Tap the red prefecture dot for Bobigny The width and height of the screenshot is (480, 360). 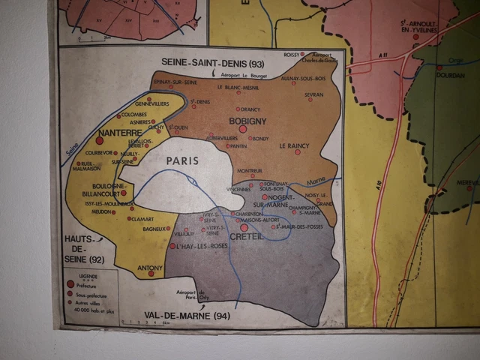click(242, 130)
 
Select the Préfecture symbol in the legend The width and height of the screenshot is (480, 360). click(70, 284)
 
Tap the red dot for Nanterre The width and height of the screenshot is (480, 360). click(99, 140)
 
